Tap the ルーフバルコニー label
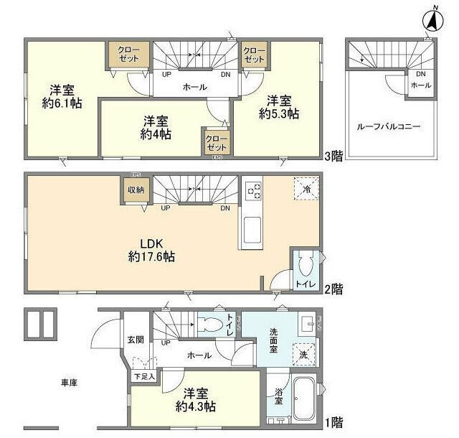(388, 126)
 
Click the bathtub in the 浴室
(303, 399)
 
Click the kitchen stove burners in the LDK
(253, 190)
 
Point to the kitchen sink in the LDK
(253, 232)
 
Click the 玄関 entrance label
(135, 340)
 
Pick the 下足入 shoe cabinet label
(143, 376)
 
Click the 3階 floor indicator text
(333, 156)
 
